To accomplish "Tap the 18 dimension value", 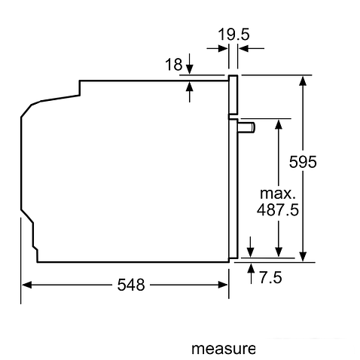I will [x=172, y=66].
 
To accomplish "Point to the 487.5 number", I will [x=278, y=210].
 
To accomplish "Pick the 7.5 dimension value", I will [x=270, y=279].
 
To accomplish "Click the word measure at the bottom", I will [x=223, y=349].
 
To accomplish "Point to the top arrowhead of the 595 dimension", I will [x=304, y=80].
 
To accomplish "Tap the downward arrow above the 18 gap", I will [x=189, y=68].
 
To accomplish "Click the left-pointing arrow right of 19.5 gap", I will [x=244, y=48].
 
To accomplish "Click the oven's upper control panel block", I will [x=233, y=96].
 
